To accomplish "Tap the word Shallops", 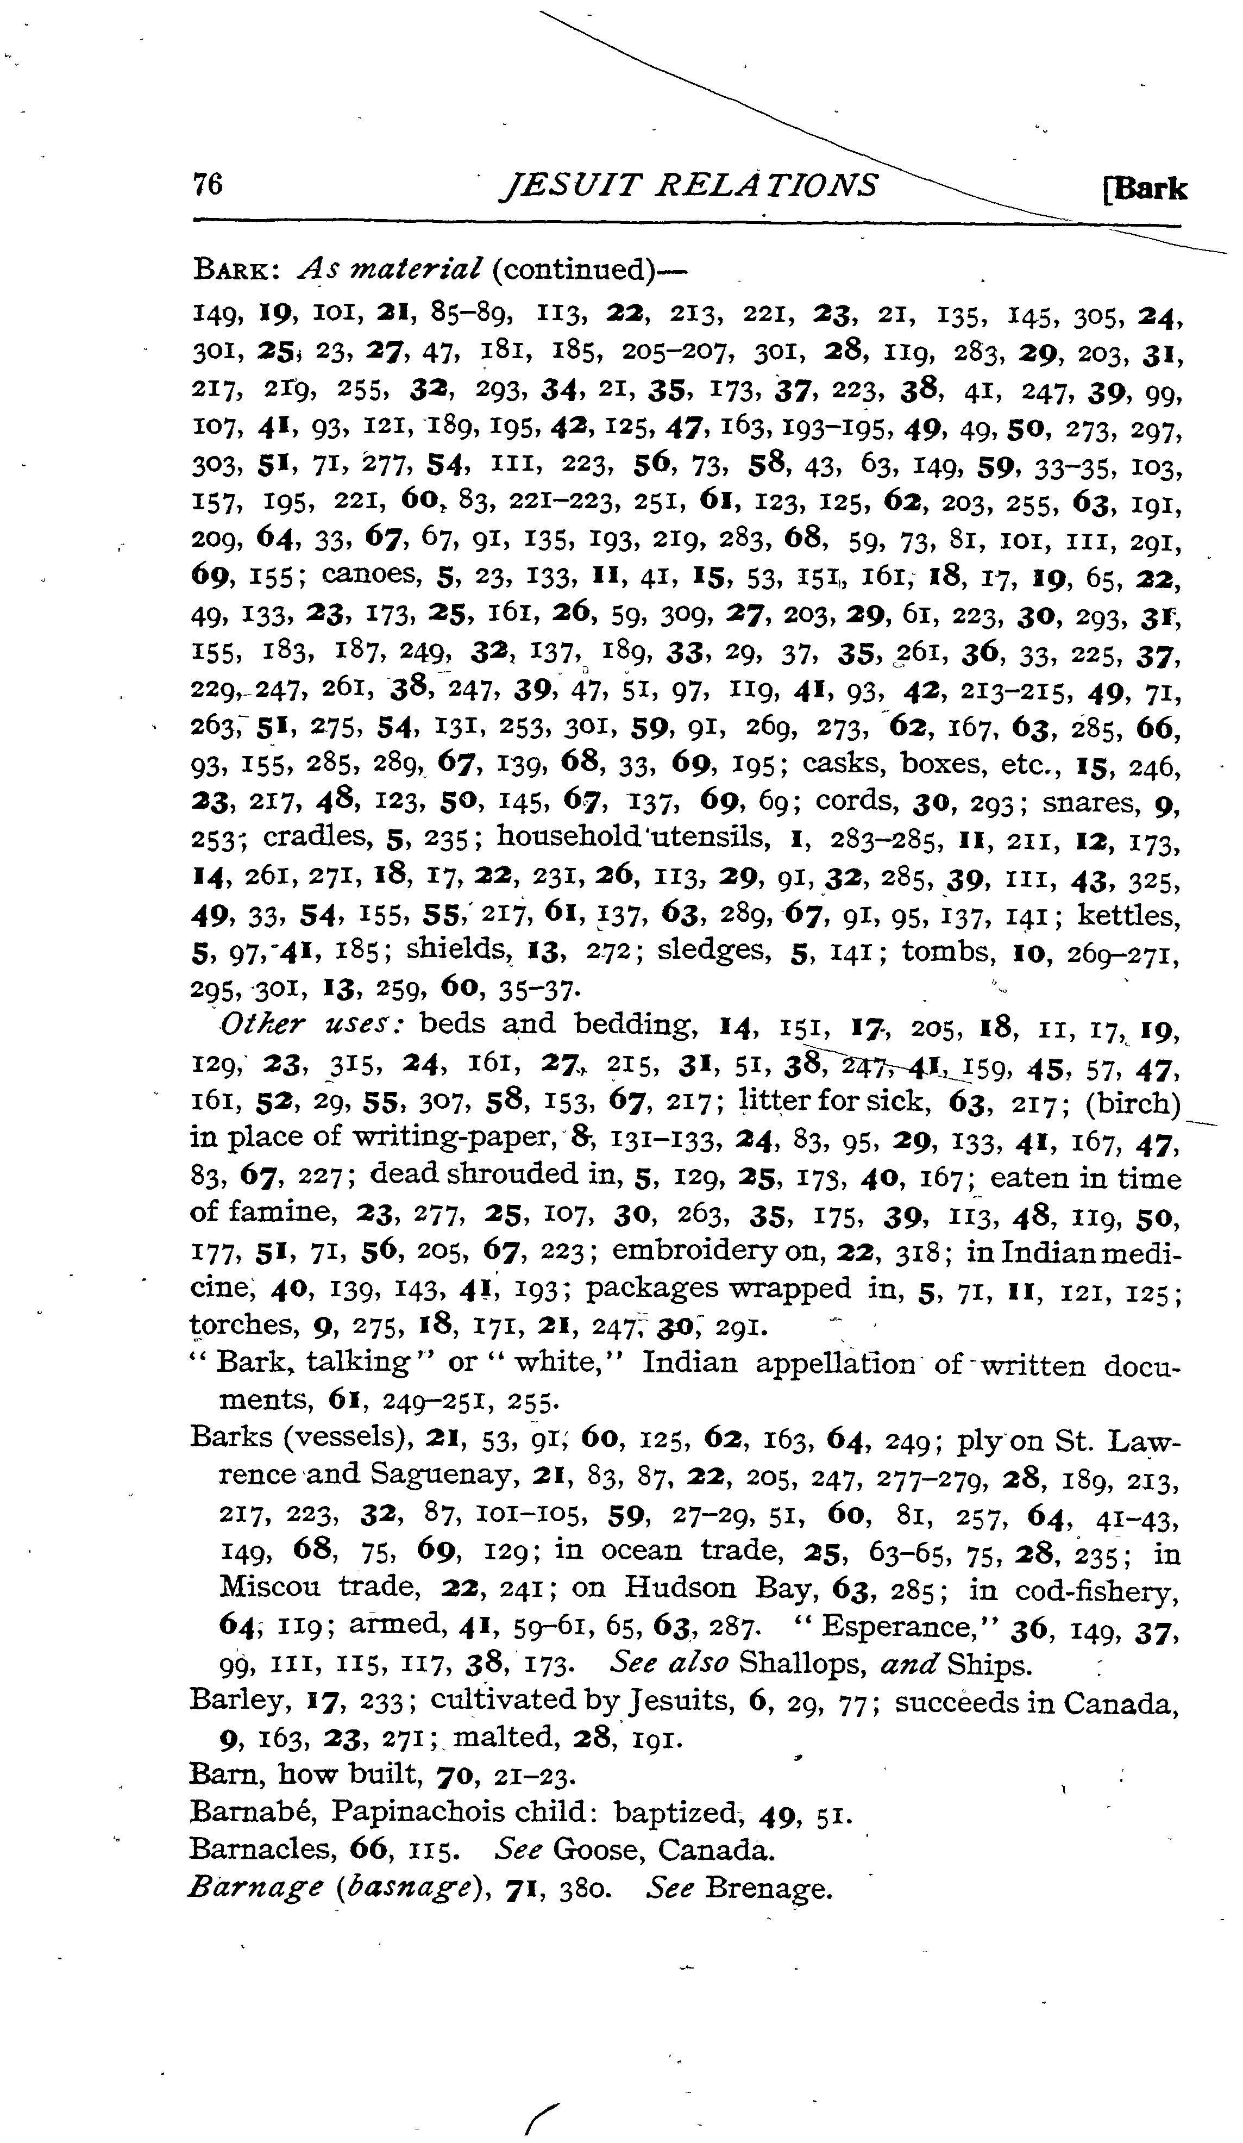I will tap(796, 1664).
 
